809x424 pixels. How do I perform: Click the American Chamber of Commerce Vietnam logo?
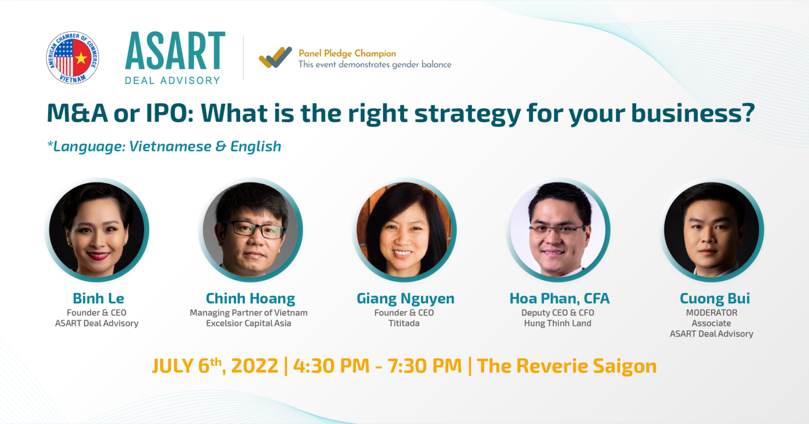73,57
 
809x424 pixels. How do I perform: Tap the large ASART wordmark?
175,51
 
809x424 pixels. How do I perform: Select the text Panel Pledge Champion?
347,53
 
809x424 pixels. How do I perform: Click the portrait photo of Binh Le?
97,230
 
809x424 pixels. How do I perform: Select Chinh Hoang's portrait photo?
251,230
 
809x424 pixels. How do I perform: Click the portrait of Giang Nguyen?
404,230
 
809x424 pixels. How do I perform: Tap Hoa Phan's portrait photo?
558,230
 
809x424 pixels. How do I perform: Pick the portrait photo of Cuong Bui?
712,230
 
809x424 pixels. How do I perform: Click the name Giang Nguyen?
405,299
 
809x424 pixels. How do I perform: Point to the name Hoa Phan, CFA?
559,298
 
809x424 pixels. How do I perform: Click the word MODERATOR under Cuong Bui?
712,313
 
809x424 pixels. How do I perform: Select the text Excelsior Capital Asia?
249,323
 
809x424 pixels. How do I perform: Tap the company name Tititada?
404,323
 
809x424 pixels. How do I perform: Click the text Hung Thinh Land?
558,323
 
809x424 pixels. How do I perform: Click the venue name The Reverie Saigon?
567,366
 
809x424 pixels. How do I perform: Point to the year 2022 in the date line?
254,366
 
